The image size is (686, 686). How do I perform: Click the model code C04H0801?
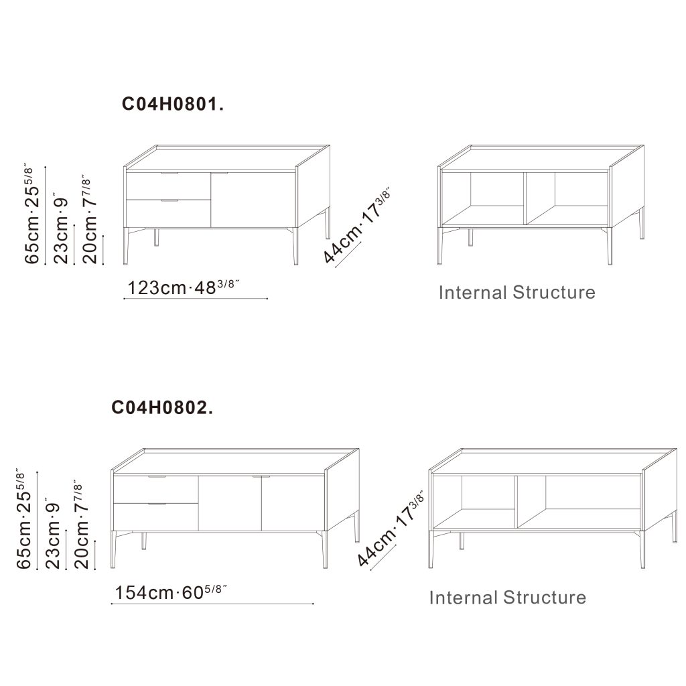click(172, 104)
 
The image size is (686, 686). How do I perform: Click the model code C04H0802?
click(162, 408)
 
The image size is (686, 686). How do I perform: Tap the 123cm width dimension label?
click(183, 287)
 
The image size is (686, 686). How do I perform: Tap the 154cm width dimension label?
click(171, 592)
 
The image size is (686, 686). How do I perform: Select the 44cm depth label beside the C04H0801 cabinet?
click(356, 226)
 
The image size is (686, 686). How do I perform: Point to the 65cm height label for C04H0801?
click(32, 215)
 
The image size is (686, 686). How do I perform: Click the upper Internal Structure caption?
click(517, 293)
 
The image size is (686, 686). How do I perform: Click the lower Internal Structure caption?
click(508, 598)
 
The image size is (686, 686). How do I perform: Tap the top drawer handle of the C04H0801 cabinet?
click(169, 174)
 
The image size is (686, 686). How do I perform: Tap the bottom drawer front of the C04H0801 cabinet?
click(168, 214)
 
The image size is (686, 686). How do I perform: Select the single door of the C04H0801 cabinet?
click(253, 200)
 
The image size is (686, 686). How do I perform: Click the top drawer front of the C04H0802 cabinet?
click(155, 490)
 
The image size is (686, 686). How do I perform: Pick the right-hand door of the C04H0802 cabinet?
click(293, 503)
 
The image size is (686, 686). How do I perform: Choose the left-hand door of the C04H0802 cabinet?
click(230, 503)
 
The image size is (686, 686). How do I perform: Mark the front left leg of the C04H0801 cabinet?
click(126, 246)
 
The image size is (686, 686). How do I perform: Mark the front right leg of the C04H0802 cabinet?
click(325, 549)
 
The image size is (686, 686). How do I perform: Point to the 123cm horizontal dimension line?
click(196, 299)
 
